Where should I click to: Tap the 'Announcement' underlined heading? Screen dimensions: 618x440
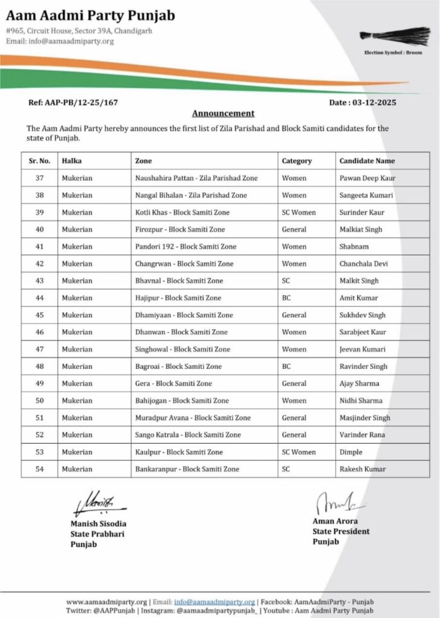[x=223, y=113]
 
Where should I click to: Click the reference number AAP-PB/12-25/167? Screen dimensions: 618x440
[x=73, y=103]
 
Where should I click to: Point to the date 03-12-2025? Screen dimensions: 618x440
[x=370, y=103]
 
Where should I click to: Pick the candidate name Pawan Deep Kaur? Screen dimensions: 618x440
[x=367, y=179]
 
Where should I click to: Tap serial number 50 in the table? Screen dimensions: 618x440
[x=40, y=401]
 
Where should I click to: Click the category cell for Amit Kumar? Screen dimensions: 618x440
[x=286, y=298]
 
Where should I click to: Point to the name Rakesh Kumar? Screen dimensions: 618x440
[x=363, y=469]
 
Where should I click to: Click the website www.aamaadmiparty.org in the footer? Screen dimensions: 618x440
[x=106, y=602]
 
